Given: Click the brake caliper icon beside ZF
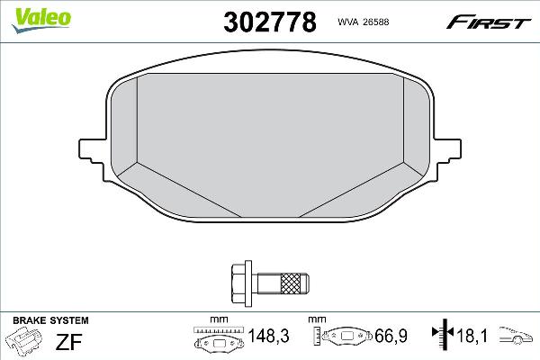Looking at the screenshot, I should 26,342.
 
